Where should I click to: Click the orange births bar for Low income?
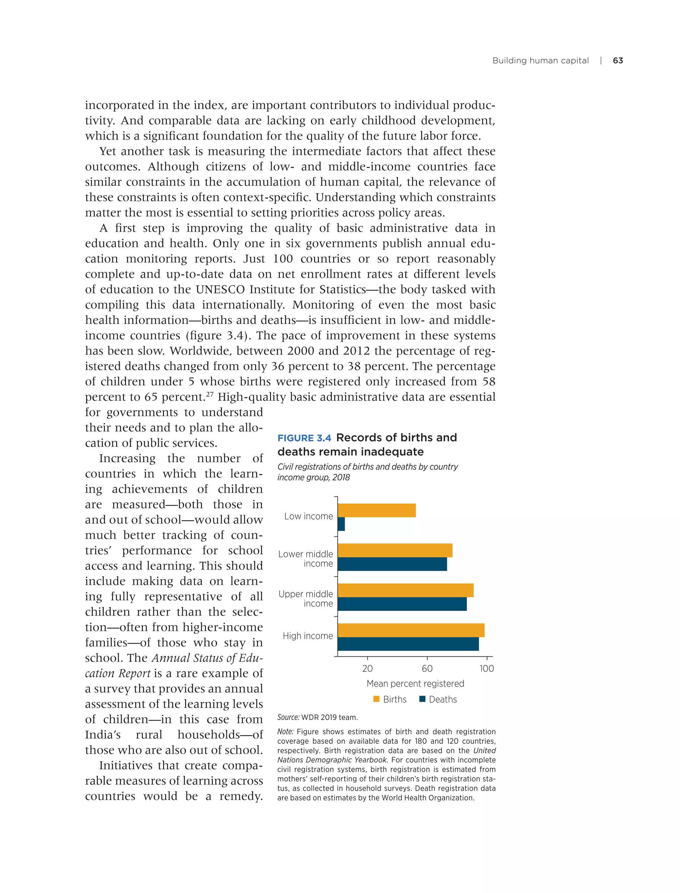(x=377, y=510)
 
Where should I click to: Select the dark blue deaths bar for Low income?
(x=341, y=524)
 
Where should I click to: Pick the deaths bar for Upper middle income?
(x=402, y=604)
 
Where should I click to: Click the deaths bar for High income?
(x=408, y=644)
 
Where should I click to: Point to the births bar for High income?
(x=411, y=630)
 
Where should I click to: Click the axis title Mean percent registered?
(x=415, y=684)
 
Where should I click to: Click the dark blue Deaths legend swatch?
(x=422, y=699)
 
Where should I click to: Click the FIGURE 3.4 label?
(x=304, y=438)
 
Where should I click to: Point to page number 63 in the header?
(x=618, y=61)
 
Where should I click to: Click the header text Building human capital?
(x=540, y=61)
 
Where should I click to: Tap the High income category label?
(x=307, y=636)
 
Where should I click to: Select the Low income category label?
(x=308, y=516)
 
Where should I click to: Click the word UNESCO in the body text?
(x=220, y=290)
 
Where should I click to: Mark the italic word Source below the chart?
(x=288, y=717)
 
